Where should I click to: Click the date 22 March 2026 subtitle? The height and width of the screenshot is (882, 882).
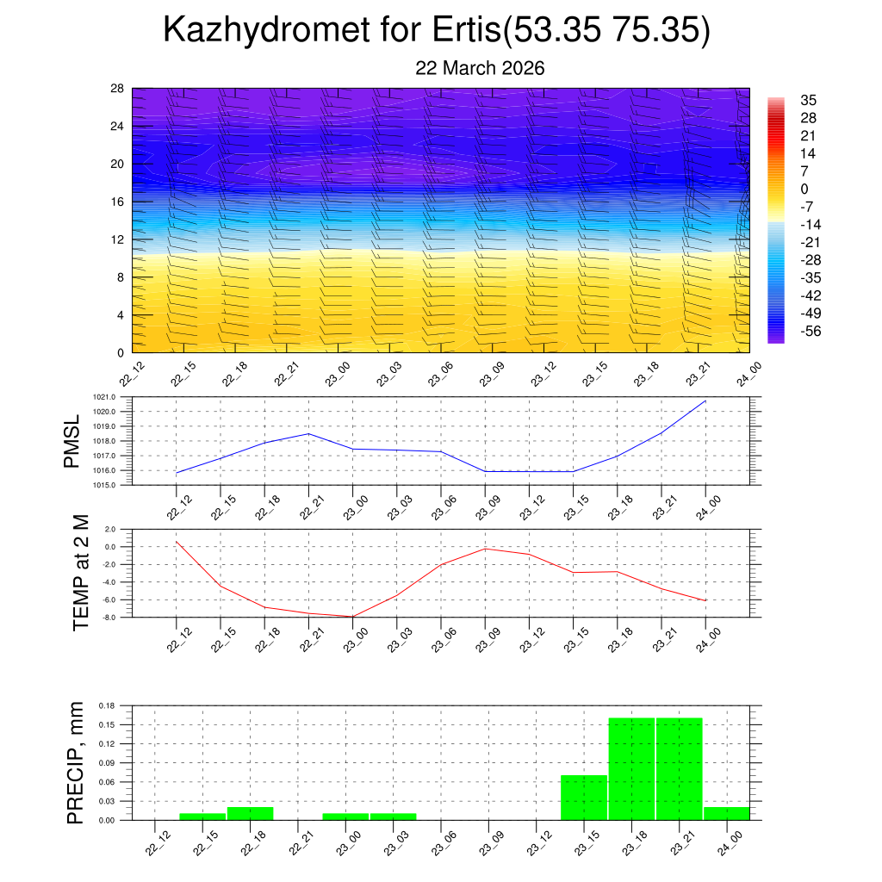(x=480, y=68)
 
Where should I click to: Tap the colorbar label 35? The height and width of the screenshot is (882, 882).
(x=808, y=99)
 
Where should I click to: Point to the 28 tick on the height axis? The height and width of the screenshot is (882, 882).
(x=118, y=88)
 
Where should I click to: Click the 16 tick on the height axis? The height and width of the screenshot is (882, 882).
(x=118, y=202)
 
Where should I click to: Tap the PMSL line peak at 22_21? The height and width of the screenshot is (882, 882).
(x=308, y=433)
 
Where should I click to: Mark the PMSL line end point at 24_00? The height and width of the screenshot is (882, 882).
(x=705, y=401)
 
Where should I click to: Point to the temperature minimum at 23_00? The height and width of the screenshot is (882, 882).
(x=352, y=617)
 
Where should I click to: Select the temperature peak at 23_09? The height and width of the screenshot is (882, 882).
(x=485, y=549)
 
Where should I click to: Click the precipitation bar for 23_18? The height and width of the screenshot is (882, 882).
(x=631, y=769)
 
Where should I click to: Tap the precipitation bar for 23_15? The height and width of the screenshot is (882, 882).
(x=584, y=798)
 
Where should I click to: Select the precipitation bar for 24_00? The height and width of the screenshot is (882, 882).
(x=726, y=813)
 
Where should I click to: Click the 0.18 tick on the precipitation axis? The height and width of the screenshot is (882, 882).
(x=107, y=705)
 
